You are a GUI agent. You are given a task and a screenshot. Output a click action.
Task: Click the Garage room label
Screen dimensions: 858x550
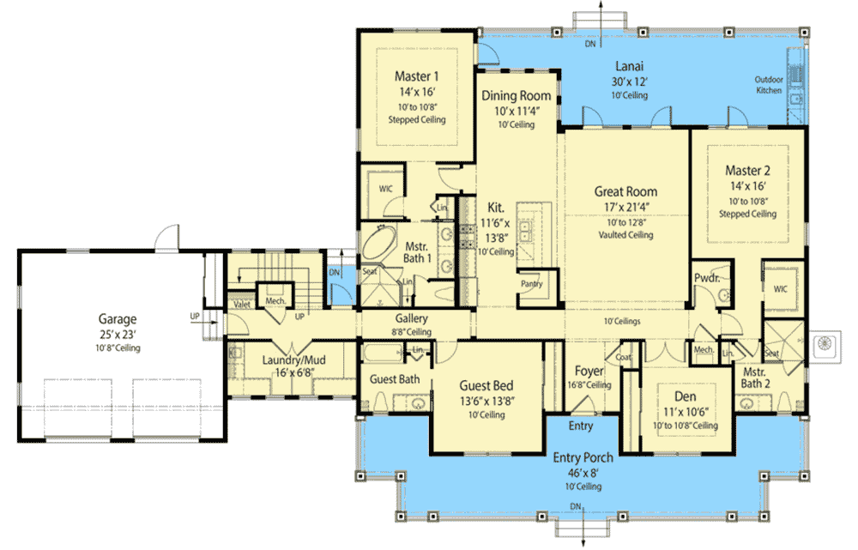click(117, 319)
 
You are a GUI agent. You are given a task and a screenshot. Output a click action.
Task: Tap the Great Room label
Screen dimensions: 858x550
click(625, 191)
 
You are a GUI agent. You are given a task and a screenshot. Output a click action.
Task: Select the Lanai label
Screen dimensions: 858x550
click(629, 66)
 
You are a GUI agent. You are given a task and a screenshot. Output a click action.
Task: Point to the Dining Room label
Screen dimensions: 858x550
click(516, 96)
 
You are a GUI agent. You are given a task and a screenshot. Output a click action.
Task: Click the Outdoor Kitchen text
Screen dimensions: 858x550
click(769, 85)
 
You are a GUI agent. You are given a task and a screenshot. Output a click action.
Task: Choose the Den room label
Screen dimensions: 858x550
click(685, 396)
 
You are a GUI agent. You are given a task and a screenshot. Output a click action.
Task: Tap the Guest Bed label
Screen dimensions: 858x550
click(486, 386)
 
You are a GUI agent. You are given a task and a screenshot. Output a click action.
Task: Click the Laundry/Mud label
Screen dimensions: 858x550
click(293, 360)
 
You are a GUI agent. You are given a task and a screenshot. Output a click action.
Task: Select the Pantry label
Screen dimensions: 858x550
click(531, 283)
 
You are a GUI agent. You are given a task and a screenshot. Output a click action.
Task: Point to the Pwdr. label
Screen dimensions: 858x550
click(707, 278)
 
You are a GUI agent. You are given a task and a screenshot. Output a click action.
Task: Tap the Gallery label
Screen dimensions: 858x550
click(411, 318)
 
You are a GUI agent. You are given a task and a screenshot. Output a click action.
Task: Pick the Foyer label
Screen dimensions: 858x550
click(589, 371)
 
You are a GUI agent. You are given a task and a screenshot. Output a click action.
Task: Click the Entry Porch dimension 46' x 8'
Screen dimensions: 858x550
click(583, 473)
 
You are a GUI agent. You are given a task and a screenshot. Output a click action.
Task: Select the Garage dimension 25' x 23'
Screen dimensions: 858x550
click(118, 335)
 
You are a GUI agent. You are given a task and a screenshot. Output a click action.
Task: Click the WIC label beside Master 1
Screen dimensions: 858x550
click(386, 189)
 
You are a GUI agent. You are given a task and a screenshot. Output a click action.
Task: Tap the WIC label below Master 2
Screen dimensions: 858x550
click(780, 289)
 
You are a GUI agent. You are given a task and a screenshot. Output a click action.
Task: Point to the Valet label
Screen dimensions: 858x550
click(242, 305)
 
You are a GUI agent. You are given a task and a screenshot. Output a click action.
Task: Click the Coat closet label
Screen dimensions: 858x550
click(623, 357)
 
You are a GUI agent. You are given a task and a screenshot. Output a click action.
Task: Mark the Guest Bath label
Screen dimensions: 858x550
click(395, 379)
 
